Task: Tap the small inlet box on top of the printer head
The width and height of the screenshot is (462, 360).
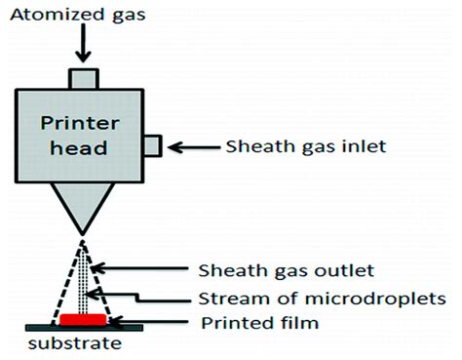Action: tap(84, 77)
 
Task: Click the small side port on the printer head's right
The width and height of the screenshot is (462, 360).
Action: tap(153, 146)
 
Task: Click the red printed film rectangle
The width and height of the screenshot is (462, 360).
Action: tap(83, 319)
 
